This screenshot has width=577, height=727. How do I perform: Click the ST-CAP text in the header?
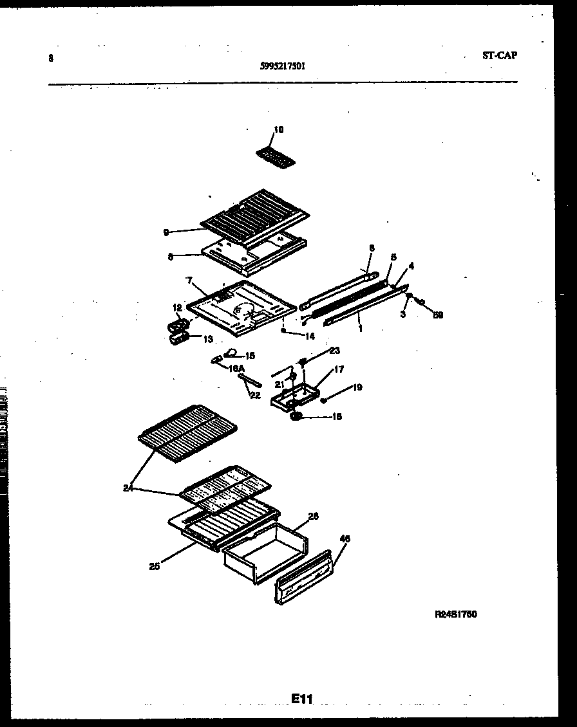pyautogui.click(x=499, y=55)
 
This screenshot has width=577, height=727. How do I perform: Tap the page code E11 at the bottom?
pyautogui.click(x=301, y=698)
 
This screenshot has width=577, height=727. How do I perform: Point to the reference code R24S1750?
pyautogui.click(x=455, y=614)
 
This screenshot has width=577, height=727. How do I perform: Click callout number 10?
pyautogui.click(x=278, y=130)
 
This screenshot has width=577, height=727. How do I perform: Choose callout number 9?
pyautogui.click(x=167, y=232)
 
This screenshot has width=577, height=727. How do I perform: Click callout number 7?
pyautogui.click(x=190, y=281)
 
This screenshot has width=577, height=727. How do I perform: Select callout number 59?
pyautogui.click(x=438, y=315)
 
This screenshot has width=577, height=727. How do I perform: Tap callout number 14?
pyautogui.click(x=310, y=335)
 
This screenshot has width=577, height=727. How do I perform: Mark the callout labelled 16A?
pyautogui.click(x=236, y=368)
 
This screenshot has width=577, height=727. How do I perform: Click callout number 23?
pyautogui.click(x=334, y=351)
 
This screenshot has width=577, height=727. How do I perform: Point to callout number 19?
pyautogui.click(x=357, y=387)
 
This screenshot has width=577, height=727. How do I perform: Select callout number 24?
pyautogui.click(x=128, y=488)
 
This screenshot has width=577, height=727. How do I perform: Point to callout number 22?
pyautogui.click(x=255, y=395)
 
